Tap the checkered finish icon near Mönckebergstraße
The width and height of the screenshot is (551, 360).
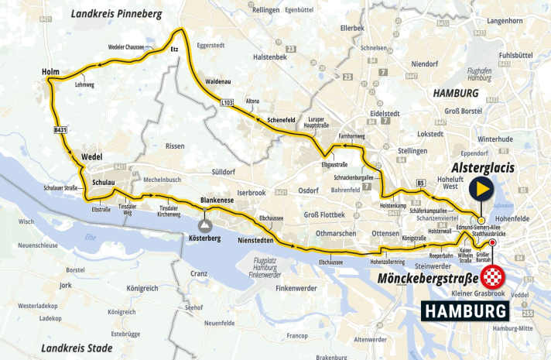click(493, 277)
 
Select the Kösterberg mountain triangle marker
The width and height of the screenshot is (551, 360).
click(206, 225)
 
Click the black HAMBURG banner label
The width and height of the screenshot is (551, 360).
click(465, 310)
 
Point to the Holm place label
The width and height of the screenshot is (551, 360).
click(51, 73)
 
